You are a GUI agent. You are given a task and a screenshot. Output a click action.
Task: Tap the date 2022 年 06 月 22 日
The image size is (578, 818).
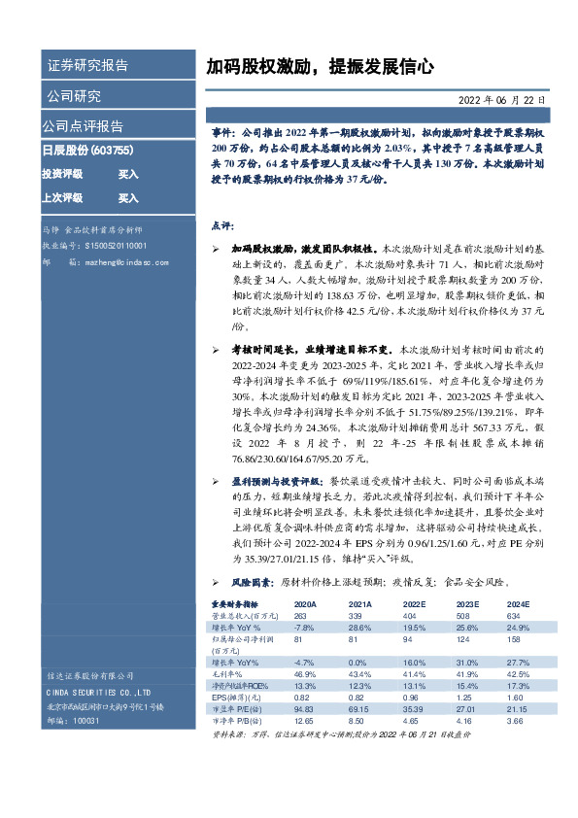click(x=500, y=99)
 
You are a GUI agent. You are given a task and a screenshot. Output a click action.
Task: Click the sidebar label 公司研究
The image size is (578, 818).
click(x=73, y=96)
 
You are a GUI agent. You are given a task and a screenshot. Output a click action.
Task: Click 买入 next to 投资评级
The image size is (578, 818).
click(x=128, y=174)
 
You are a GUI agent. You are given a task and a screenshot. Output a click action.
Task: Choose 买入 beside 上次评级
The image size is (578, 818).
click(x=128, y=198)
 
